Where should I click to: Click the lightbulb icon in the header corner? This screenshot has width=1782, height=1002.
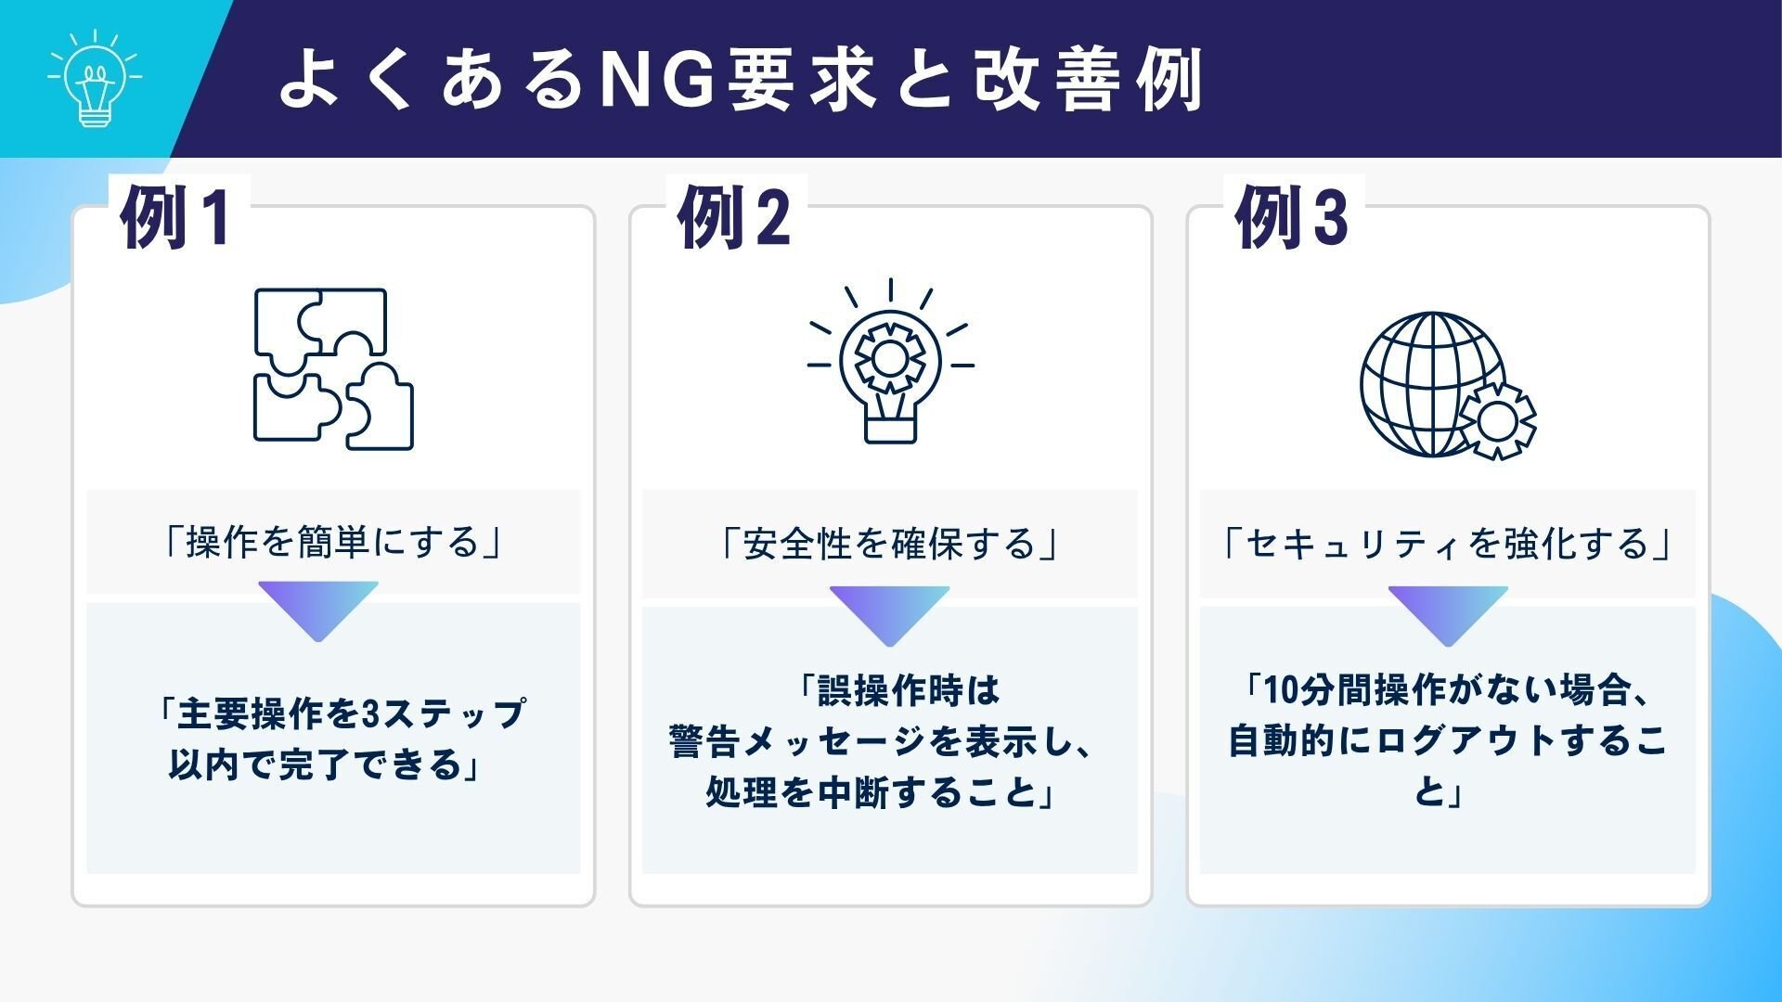(94, 80)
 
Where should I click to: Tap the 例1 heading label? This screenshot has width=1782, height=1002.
(175, 217)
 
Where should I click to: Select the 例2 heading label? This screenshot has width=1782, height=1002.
(734, 217)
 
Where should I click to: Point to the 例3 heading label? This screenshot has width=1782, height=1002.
(1291, 217)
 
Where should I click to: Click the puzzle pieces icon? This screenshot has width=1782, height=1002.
(333, 368)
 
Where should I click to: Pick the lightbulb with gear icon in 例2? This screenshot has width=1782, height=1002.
(890, 362)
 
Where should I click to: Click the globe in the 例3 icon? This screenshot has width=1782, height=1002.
(1430, 383)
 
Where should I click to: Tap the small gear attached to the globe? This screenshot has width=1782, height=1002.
(1496, 419)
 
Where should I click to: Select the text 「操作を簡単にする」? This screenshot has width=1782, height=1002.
(332, 543)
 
